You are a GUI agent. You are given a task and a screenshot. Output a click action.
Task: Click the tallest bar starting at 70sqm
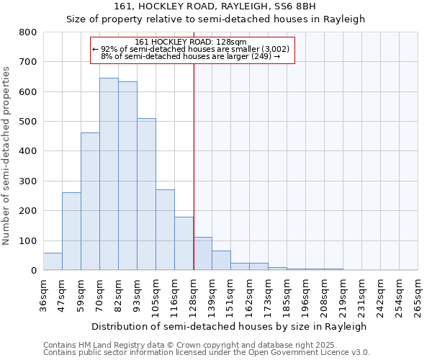(109, 174)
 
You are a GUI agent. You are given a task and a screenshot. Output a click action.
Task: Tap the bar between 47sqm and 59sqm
(71, 231)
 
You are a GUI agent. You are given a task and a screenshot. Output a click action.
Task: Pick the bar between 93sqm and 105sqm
(146, 194)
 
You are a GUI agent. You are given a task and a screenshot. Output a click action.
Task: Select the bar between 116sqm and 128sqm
(184, 243)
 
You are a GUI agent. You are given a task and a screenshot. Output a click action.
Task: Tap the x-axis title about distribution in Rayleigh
(230, 326)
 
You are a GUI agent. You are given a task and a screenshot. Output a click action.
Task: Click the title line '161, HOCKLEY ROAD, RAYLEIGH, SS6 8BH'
(215, 6)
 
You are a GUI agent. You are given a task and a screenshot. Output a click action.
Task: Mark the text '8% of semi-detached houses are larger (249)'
(191, 56)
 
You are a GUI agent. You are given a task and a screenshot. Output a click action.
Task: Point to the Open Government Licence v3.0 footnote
(207, 353)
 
